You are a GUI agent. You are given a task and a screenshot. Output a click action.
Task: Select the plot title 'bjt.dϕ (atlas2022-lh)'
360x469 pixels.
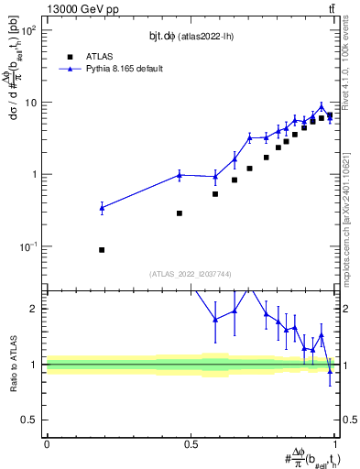(191, 34)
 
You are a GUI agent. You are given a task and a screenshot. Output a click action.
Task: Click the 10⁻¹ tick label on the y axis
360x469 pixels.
(30, 246)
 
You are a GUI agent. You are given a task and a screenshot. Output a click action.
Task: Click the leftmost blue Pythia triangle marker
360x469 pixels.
(102, 208)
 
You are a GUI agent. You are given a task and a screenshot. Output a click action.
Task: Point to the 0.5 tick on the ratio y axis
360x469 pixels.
(32, 420)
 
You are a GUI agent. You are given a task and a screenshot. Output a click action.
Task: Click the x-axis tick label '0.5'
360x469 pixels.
(191, 443)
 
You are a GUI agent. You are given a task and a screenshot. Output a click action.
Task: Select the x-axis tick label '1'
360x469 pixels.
(336, 443)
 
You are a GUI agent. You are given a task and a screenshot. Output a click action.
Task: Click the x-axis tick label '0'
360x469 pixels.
(47, 443)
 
